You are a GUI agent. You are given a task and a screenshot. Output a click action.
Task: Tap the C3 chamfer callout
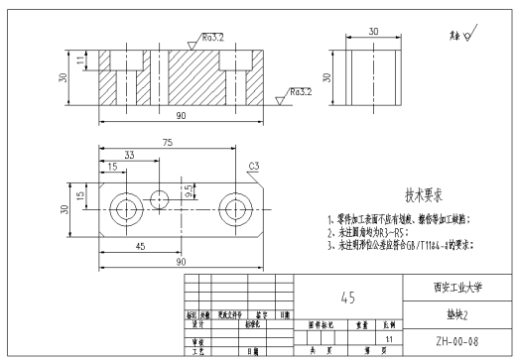254,166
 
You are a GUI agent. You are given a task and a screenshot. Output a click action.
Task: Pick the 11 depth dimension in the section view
82,61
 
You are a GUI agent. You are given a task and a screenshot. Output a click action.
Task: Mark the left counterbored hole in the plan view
125,208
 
